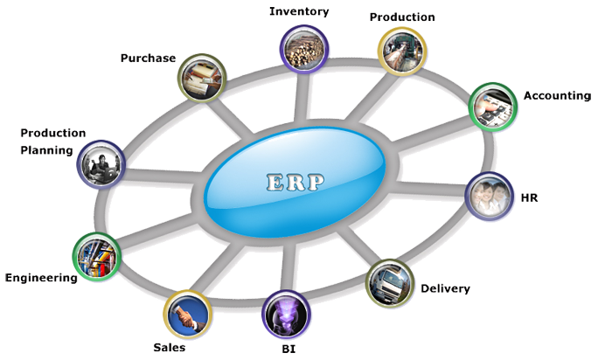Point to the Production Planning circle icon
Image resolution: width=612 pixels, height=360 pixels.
[x=101, y=162]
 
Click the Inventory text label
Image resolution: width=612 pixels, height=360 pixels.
[x=301, y=11]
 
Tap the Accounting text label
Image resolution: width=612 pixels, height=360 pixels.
[x=557, y=95]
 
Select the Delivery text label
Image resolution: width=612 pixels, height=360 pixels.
[x=445, y=289]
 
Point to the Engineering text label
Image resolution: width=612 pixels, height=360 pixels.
[x=43, y=280]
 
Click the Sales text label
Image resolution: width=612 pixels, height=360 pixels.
[x=170, y=347]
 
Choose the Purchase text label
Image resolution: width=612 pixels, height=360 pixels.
[x=150, y=59]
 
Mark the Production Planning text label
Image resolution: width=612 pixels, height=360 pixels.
[x=52, y=142]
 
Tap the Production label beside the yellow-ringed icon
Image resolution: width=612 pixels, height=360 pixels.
[x=402, y=17]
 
